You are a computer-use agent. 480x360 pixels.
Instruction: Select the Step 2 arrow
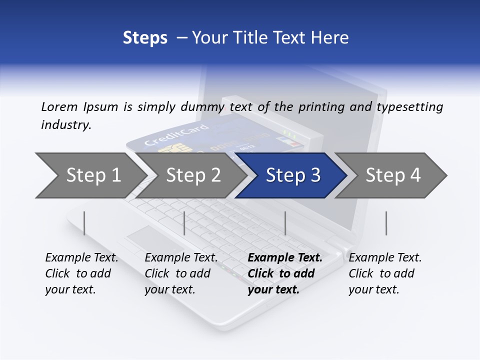click(192, 175)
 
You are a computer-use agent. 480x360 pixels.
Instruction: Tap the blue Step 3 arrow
click(292, 175)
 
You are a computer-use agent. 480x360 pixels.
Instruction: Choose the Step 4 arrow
click(392, 175)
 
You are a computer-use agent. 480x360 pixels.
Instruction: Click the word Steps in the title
click(145, 37)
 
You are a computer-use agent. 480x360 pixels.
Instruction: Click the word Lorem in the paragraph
click(59, 106)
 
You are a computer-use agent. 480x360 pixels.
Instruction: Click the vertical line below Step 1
click(84, 223)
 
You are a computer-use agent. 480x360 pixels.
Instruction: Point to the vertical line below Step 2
click(184, 223)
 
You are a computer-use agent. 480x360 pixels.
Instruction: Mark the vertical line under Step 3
click(285, 223)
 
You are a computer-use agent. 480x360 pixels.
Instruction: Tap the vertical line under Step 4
click(386, 223)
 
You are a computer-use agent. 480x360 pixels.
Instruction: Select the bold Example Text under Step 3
click(285, 258)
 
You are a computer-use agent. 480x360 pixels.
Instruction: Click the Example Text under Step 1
click(81, 258)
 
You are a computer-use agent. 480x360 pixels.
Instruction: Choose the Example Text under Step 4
click(385, 258)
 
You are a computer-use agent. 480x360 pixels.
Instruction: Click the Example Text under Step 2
click(181, 258)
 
